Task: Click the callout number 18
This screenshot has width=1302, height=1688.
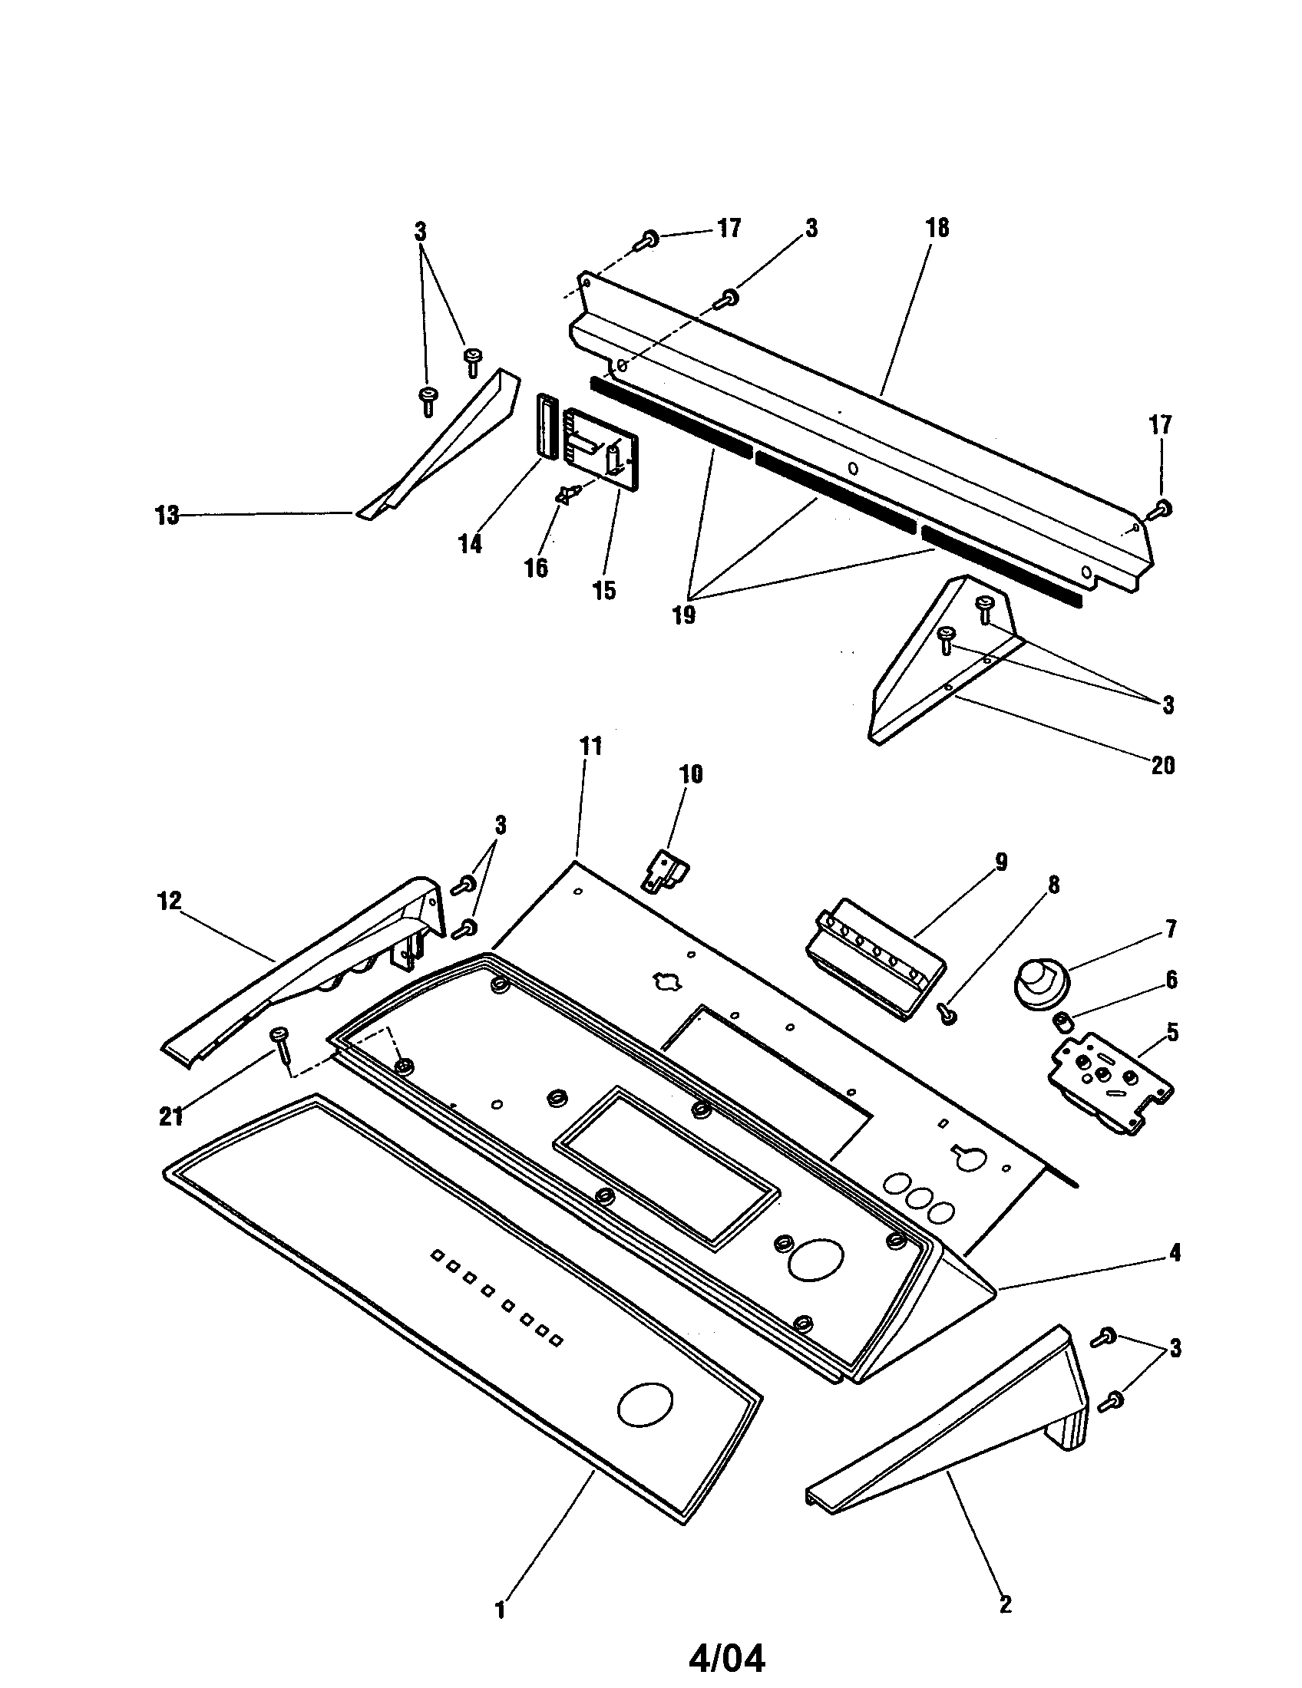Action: (x=937, y=229)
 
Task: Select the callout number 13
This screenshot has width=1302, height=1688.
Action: (x=167, y=516)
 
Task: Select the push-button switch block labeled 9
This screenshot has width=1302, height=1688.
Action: (x=874, y=959)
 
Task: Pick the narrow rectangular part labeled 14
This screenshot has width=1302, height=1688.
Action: (x=548, y=427)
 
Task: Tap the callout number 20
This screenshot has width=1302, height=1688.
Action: (x=1162, y=765)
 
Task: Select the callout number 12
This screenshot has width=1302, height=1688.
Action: (x=170, y=901)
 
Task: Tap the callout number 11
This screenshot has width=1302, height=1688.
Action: (x=590, y=747)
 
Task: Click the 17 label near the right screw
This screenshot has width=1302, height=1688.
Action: (x=1160, y=425)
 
